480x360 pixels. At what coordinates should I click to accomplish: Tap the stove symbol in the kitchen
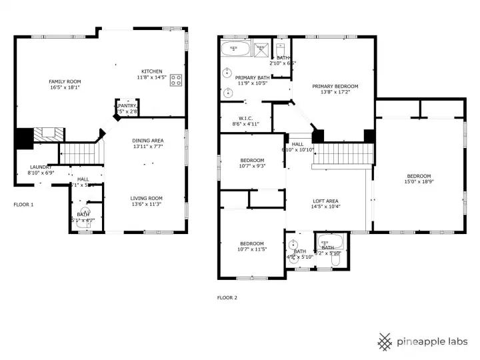(176, 81)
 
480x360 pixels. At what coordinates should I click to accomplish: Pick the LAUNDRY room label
(41, 167)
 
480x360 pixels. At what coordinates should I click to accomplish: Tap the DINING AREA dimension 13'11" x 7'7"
(147, 147)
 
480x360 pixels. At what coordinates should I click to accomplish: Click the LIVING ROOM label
(146, 198)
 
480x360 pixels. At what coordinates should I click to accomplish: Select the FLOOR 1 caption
(23, 205)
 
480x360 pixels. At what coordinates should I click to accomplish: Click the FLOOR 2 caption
(227, 298)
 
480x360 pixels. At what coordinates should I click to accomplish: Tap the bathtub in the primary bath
(235, 49)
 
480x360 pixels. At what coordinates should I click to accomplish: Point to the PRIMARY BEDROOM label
(335, 86)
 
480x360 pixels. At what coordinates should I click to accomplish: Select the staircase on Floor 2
(342, 155)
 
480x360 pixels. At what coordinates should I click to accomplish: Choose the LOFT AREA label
(326, 201)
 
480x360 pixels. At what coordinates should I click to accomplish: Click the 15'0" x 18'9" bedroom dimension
(419, 182)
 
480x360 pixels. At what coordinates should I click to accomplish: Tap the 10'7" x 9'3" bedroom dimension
(252, 166)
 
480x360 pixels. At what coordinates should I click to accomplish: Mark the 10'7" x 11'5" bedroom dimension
(252, 249)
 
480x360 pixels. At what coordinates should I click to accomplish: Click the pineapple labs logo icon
(385, 341)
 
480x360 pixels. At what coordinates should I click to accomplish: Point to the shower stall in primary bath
(261, 49)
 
